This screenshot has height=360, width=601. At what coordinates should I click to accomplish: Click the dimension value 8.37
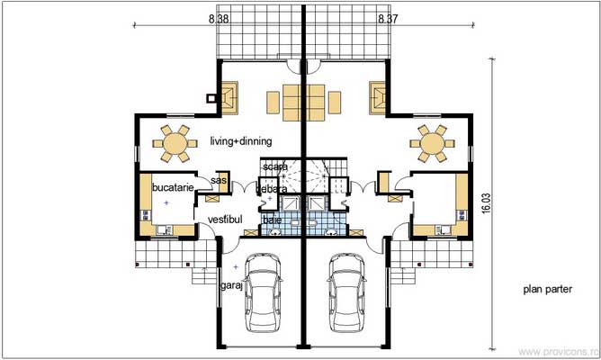coord(387,17)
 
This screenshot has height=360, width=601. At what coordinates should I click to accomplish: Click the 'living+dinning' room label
coord(241,142)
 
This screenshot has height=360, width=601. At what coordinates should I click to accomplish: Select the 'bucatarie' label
coord(170,187)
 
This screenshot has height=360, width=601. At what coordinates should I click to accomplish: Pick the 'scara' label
coord(275,167)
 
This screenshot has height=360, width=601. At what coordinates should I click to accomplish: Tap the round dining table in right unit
coord(432,142)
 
